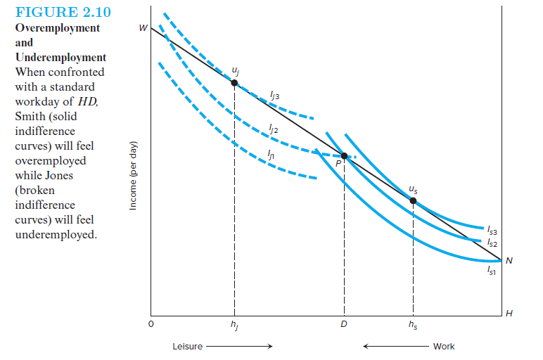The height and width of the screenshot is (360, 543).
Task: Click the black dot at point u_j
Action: tap(234, 83)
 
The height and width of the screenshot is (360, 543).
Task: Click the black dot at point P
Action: tap(344, 156)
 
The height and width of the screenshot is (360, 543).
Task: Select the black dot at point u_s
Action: tap(413, 201)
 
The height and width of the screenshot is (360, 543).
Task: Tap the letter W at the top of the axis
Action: tap(143, 29)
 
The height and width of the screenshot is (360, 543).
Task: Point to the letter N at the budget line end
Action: tap(509, 262)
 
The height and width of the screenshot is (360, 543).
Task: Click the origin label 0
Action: tap(150, 326)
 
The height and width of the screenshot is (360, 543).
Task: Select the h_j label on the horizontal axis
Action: tap(234, 326)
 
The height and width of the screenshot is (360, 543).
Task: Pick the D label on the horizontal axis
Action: tap(344, 326)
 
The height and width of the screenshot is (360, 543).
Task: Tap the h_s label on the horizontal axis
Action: tap(413, 326)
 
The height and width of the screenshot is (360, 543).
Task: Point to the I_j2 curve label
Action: tap(274, 129)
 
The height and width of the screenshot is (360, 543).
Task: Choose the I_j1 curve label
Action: tap(270, 156)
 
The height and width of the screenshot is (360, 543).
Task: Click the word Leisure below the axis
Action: tap(188, 347)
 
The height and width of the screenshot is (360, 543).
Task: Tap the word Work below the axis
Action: tap(444, 347)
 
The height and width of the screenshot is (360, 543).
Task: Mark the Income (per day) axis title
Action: tap(133, 176)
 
